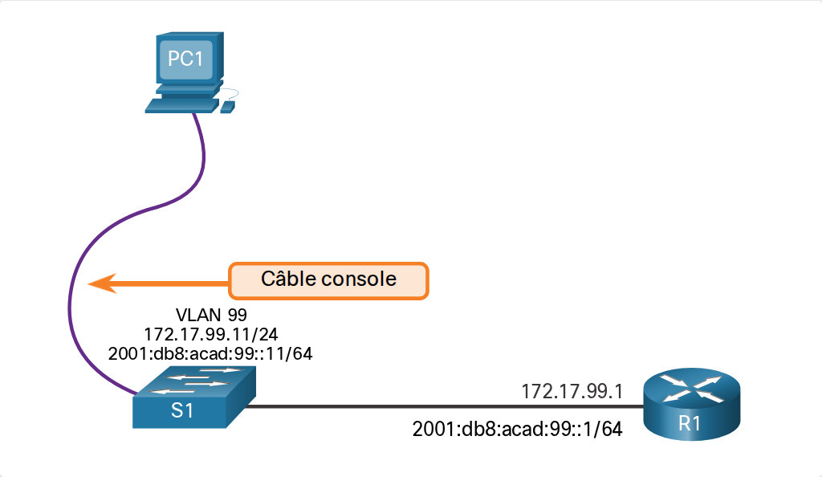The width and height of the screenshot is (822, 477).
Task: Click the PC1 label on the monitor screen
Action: pyautogui.click(x=185, y=59)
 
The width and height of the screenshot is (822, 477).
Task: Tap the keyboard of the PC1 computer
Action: pyautogui.click(x=181, y=105)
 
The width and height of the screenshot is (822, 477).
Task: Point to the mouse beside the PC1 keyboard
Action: pyautogui.click(x=227, y=108)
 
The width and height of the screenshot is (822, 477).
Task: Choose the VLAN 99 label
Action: pyautogui.click(x=211, y=315)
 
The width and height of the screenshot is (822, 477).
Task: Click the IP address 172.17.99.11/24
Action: pyautogui.click(x=211, y=334)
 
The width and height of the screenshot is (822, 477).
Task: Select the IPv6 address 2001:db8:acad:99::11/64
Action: pyautogui.click(x=210, y=353)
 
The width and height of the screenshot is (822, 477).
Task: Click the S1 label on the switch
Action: pyautogui.click(x=182, y=410)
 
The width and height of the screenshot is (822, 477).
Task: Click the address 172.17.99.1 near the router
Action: pyautogui.click(x=572, y=391)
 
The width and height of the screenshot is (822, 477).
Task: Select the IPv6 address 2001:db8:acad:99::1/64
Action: pyautogui.click(x=518, y=429)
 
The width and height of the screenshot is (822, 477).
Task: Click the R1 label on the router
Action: pyautogui.click(x=690, y=423)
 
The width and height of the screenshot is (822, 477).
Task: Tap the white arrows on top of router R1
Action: pyautogui.click(x=691, y=388)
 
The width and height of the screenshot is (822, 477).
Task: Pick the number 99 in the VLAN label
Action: pyautogui.click(x=237, y=315)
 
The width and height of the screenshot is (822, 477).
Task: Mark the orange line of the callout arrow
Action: pyautogui.click(x=173, y=283)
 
